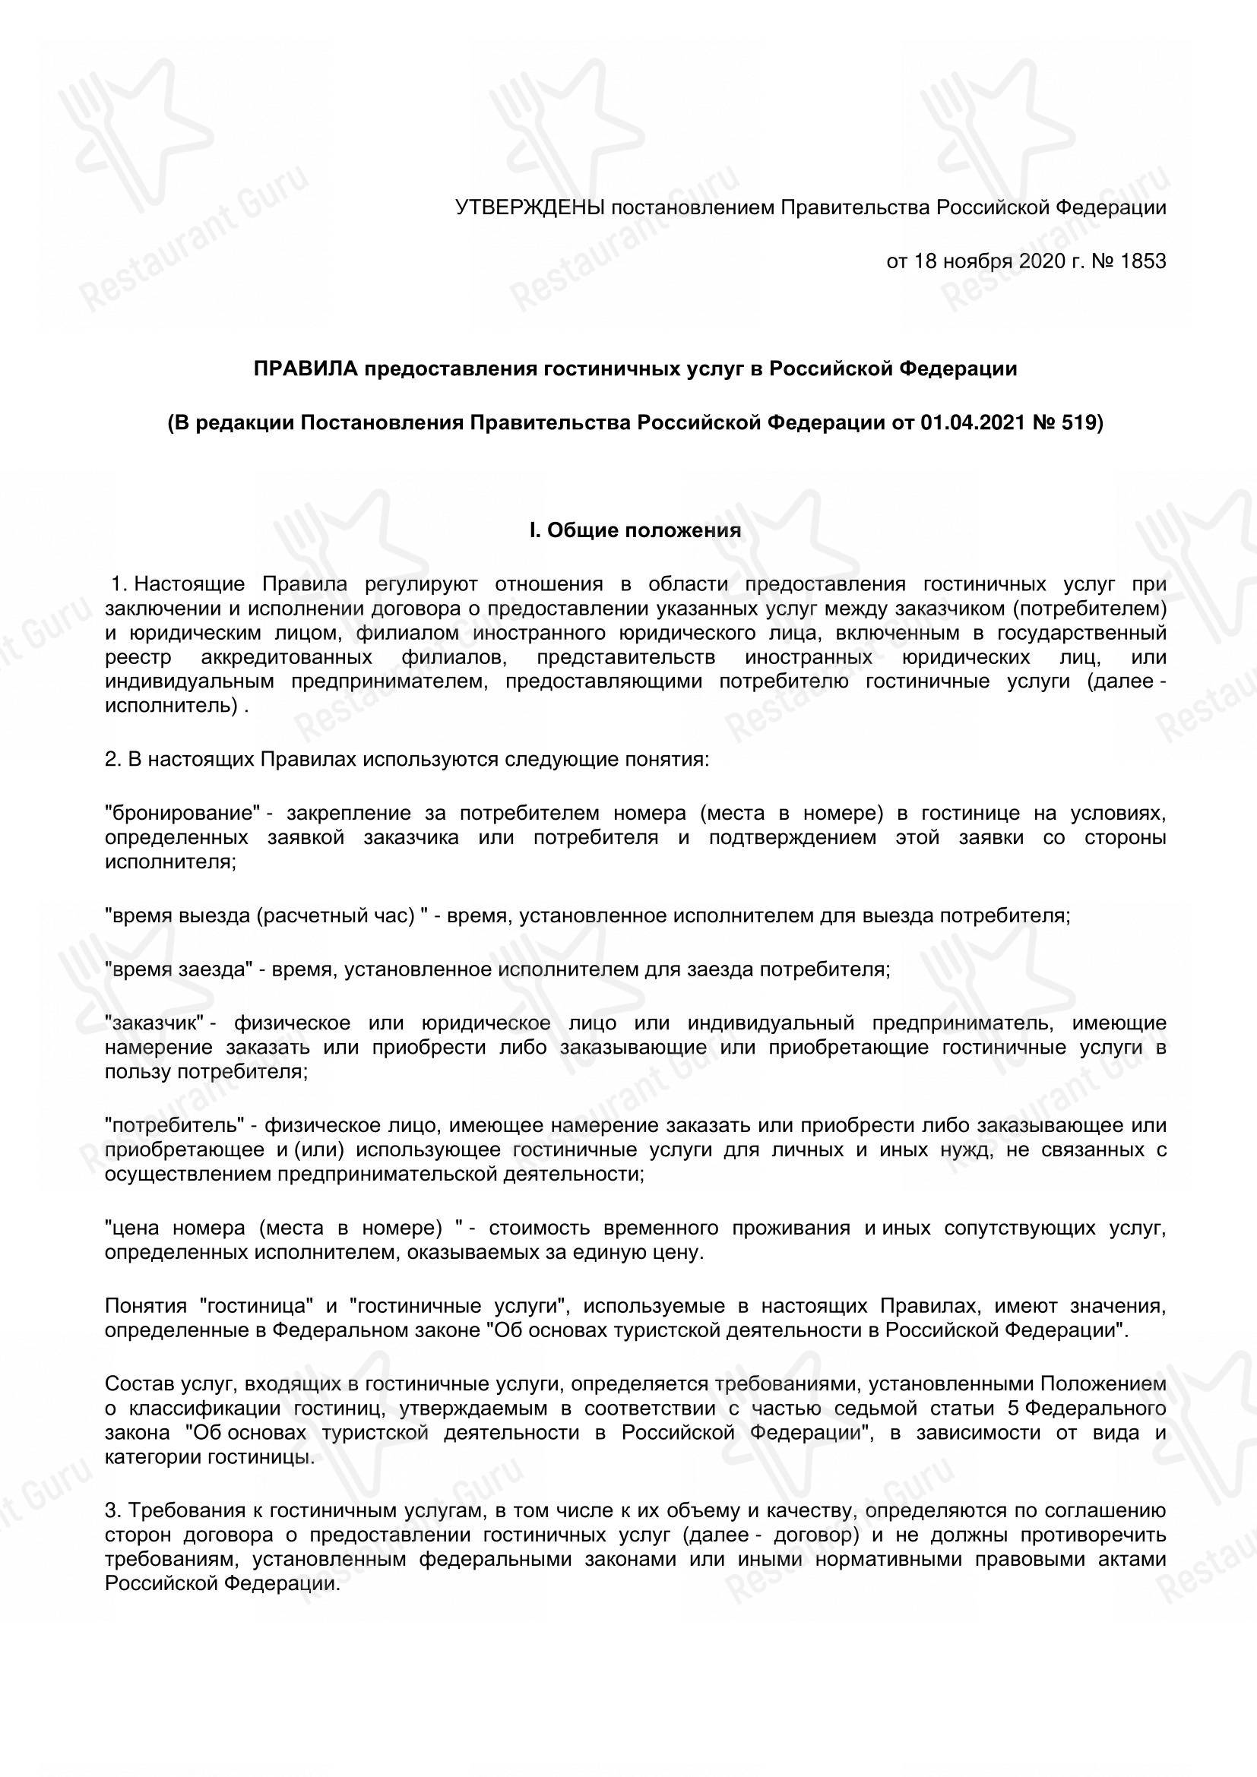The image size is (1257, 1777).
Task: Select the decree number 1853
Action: point(1142,261)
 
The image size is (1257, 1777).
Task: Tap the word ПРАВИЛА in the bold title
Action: point(306,369)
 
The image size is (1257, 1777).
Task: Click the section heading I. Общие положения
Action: point(635,530)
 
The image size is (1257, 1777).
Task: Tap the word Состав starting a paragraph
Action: point(133,1383)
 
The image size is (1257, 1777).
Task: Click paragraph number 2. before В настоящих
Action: point(113,760)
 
